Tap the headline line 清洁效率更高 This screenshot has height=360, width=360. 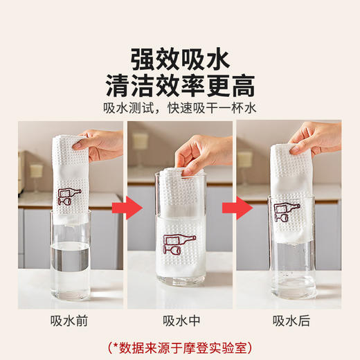(180, 86)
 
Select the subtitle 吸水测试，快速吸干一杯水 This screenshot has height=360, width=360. (180, 109)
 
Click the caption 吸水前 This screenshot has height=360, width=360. (70, 320)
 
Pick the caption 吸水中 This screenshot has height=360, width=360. (179, 320)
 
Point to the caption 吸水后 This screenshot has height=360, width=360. (289, 320)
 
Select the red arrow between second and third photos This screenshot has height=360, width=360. (242, 207)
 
